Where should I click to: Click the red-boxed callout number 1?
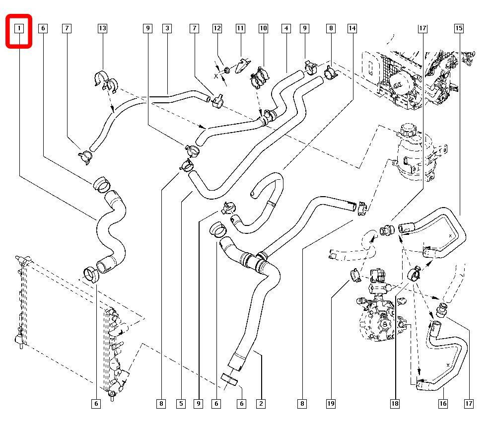(19, 28)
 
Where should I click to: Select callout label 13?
(102, 28)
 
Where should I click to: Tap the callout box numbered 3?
(167, 28)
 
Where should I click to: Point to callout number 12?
(217, 28)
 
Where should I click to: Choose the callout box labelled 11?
(240, 28)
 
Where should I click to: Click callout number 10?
(263, 28)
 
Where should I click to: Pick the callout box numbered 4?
(286, 28)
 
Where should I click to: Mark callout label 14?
(352, 28)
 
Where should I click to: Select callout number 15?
(459, 28)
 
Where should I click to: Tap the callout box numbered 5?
(180, 404)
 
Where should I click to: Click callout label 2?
(261, 404)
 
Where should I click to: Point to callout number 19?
(331, 404)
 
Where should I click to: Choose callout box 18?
(395, 404)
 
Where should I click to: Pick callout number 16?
(443, 404)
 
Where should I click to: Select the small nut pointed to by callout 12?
(225, 70)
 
